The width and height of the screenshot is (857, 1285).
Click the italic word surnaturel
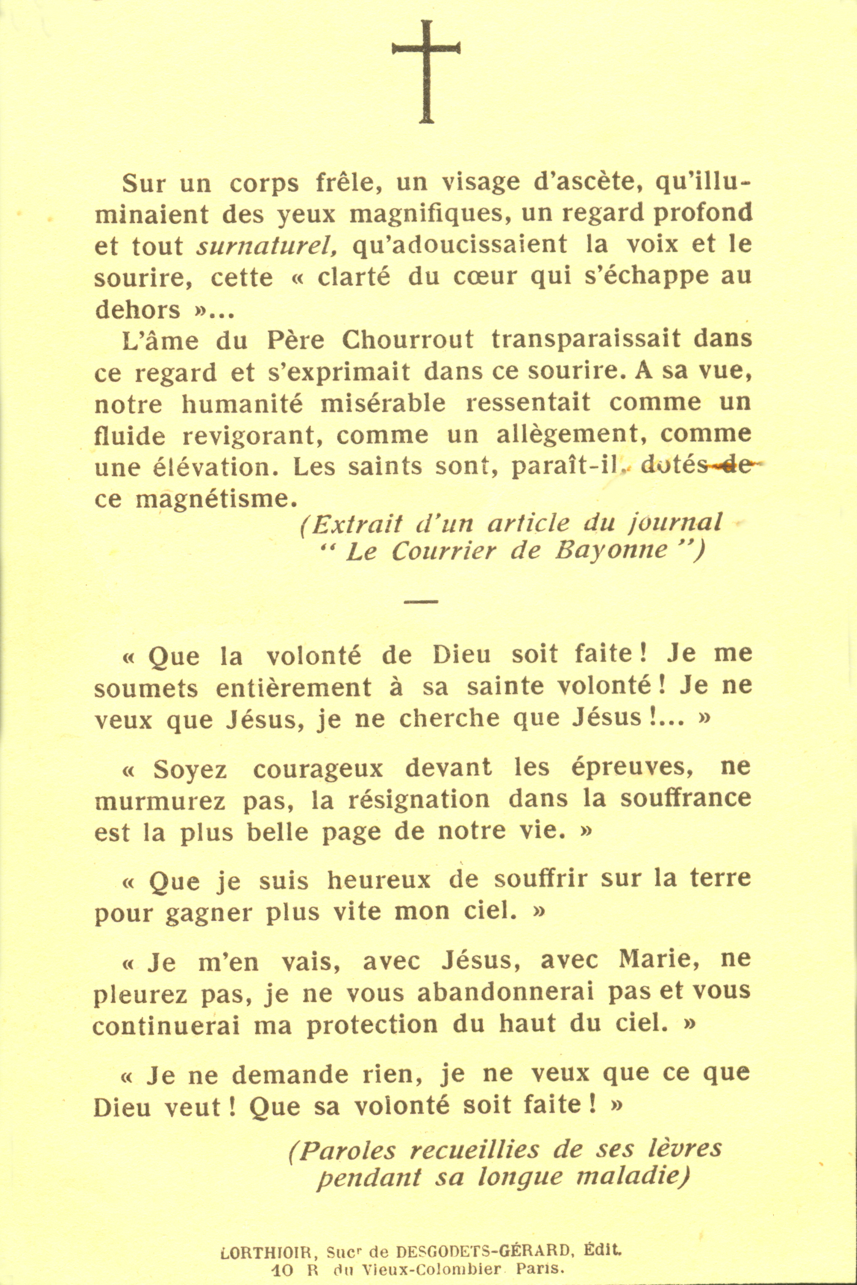tap(267, 246)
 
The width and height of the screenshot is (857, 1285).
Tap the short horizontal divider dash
tap(421, 602)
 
